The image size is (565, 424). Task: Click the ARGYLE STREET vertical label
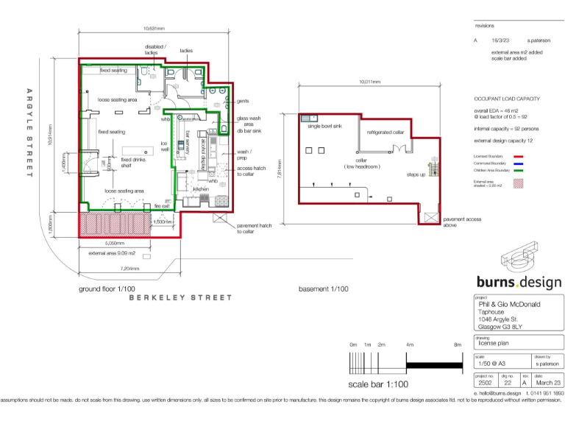click(30, 132)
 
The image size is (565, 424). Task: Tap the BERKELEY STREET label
click(180, 297)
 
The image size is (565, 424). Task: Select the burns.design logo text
click(519, 282)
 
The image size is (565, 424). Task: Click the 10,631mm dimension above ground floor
click(154, 29)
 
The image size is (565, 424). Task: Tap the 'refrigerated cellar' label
click(385, 132)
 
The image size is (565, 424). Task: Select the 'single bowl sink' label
click(324, 126)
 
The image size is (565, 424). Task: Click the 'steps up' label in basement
click(416, 174)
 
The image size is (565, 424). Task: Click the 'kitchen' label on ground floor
click(202, 189)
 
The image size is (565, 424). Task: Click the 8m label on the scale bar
click(457, 344)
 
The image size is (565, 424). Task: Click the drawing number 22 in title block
click(508, 383)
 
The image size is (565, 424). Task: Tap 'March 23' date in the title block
click(547, 383)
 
